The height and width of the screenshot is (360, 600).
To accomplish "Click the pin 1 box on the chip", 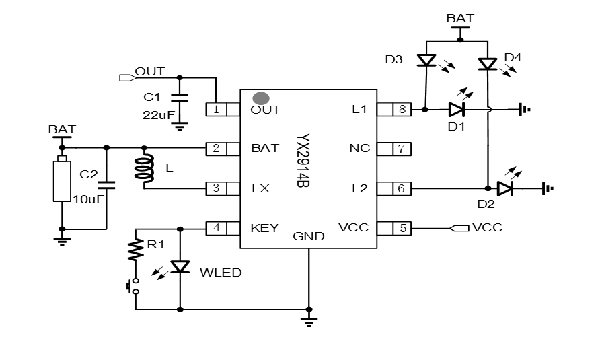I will coord(216,109).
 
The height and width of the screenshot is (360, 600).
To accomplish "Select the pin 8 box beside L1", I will coord(402,109).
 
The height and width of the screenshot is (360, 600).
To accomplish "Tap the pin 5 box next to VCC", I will coord(402,228).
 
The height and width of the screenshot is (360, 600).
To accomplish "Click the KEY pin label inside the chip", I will coord(264,228).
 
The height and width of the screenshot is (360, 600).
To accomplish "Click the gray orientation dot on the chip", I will coord(259,99).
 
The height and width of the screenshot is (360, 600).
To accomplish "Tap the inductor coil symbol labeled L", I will coord(143,169).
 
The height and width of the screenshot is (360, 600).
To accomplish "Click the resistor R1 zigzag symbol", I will coord(136,250).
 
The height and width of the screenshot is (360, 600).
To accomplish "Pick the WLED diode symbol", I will coord(180,266).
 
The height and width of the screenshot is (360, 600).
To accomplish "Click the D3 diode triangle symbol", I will coord(426,61).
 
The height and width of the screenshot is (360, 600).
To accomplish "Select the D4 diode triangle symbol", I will coord(487,64).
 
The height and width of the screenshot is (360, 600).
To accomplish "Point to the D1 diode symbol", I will coord(457,108).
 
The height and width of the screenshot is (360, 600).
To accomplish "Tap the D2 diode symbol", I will coord(505,188).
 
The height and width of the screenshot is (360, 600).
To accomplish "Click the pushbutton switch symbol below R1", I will coord(133,286).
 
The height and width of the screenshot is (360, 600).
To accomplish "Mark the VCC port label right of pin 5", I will coord(487,228).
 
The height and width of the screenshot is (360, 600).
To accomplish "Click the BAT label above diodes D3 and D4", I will coord(460,18).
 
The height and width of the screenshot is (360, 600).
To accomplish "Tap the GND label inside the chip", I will coord(309,236).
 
